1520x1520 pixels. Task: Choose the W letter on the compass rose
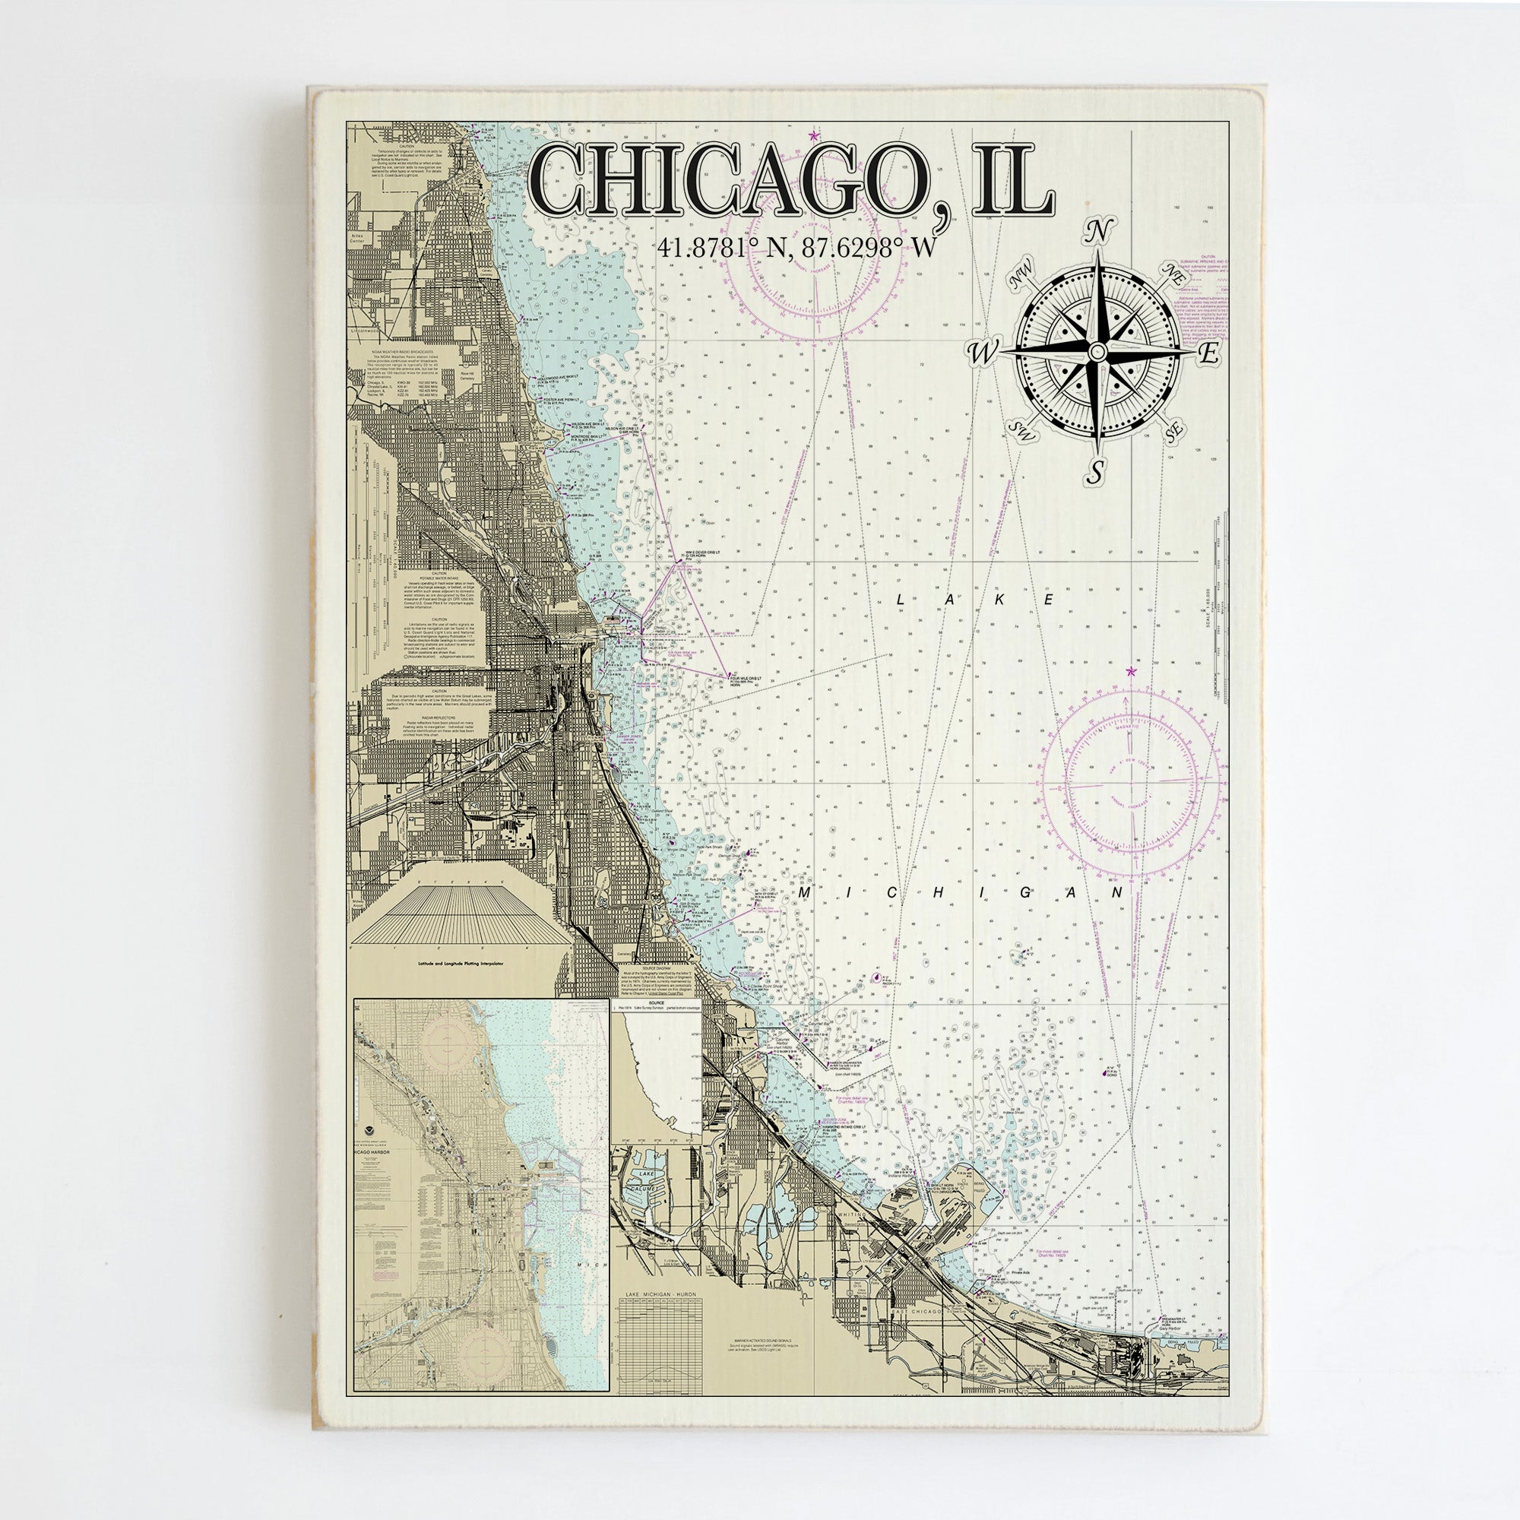click(983, 353)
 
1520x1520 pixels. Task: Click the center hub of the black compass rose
click(1096, 352)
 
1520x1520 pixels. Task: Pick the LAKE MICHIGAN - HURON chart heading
click(661, 1294)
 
